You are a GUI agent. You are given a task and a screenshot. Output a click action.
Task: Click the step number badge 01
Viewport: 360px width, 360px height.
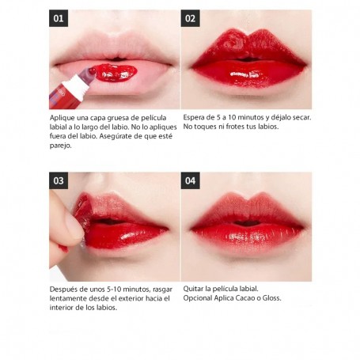59,18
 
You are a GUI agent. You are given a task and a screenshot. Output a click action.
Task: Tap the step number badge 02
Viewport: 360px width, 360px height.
190,18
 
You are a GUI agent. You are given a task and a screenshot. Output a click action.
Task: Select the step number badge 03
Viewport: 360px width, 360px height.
59,180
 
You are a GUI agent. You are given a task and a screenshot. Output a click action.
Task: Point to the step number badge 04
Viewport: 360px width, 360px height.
190,180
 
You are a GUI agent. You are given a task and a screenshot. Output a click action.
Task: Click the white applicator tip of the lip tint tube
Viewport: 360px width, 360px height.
77,84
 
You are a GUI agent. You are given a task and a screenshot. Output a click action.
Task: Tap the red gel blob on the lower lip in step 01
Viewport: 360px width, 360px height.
116,73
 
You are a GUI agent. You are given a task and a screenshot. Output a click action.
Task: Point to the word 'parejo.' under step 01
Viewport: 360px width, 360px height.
61,146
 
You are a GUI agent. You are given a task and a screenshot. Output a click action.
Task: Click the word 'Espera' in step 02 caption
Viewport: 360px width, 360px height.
192,118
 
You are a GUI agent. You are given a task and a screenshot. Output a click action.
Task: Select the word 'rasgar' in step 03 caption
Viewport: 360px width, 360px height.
162,290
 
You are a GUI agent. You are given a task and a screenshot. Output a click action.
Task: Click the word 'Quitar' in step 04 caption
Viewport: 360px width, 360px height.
193,289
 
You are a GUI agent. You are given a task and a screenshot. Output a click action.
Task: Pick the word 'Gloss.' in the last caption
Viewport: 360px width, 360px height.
271,298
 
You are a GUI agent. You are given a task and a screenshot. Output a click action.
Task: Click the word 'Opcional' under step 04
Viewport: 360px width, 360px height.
198,298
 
